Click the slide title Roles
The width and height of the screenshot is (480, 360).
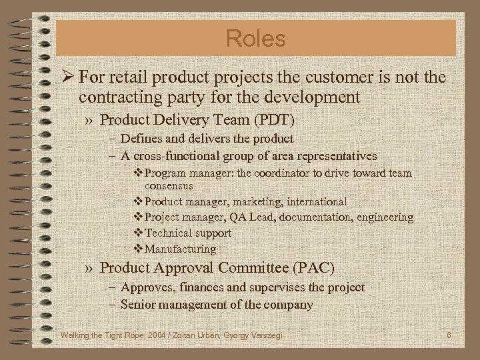click(255, 38)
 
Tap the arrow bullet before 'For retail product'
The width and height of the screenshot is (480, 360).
click(66, 77)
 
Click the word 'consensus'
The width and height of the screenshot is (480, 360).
click(169, 185)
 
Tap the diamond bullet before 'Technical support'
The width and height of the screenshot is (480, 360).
click(139, 233)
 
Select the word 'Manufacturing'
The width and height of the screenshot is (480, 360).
click(181, 249)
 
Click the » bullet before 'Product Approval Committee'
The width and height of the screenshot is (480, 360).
click(89, 268)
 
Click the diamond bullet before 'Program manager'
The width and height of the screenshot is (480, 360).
click(139, 173)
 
